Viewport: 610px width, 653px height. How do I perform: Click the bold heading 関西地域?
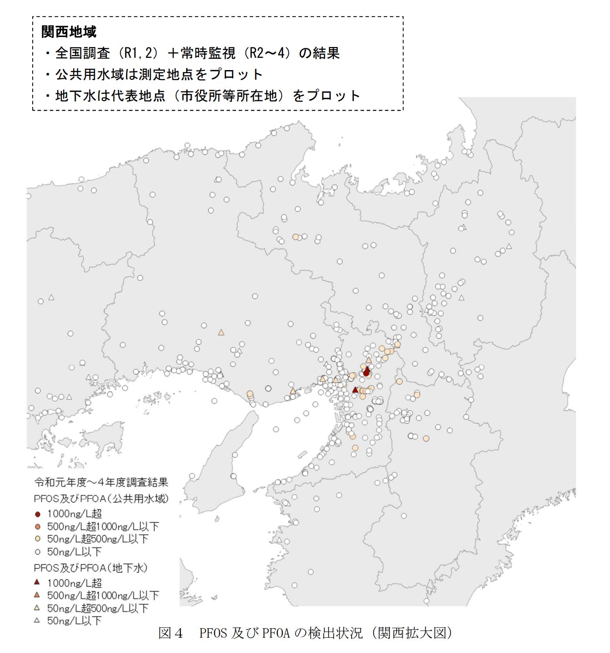pyautogui.click(x=69, y=32)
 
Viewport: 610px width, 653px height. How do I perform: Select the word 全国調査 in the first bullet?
pyautogui.click(x=82, y=53)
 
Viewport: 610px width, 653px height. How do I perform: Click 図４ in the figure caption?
pyautogui.click(x=170, y=633)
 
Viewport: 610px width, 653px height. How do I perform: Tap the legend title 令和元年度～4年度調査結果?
pyautogui.click(x=101, y=482)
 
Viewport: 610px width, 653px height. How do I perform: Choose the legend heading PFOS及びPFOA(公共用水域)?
pyautogui.click(x=101, y=498)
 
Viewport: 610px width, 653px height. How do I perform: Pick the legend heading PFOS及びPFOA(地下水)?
pyautogui.click(x=91, y=568)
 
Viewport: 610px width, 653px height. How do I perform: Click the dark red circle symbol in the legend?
pyautogui.click(x=37, y=514)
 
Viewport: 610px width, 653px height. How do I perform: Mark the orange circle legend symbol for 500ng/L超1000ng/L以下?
pyautogui.click(x=37, y=527)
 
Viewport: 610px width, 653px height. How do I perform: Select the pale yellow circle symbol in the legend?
pyautogui.click(x=37, y=539)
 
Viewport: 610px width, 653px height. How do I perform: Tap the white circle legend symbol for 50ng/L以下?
pyautogui.click(x=37, y=552)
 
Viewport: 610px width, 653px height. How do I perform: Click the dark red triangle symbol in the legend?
pyautogui.click(x=37, y=582)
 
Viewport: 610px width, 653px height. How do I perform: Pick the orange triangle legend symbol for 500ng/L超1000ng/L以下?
pyautogui.click(x=37, y=595)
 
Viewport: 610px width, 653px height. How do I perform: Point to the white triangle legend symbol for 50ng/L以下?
pyautogui.click(x=37, y=620)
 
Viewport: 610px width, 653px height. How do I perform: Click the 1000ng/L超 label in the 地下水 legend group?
pyautogui.click(x=75, y=583)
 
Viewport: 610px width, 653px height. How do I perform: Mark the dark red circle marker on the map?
pyautogui.click(x=366, y=373)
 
